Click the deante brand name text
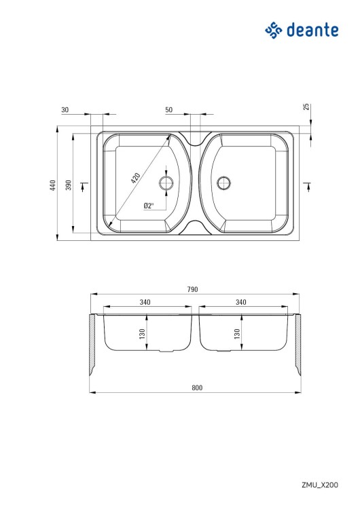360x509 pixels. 312,30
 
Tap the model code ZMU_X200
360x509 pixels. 320,485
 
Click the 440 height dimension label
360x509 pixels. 52,185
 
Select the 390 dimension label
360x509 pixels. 68,185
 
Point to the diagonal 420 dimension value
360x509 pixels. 136,178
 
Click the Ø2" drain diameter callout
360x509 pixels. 149,206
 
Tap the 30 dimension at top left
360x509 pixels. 65,110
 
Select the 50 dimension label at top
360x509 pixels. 168,110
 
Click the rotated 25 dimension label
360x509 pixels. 306,107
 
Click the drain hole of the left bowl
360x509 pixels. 166,183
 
